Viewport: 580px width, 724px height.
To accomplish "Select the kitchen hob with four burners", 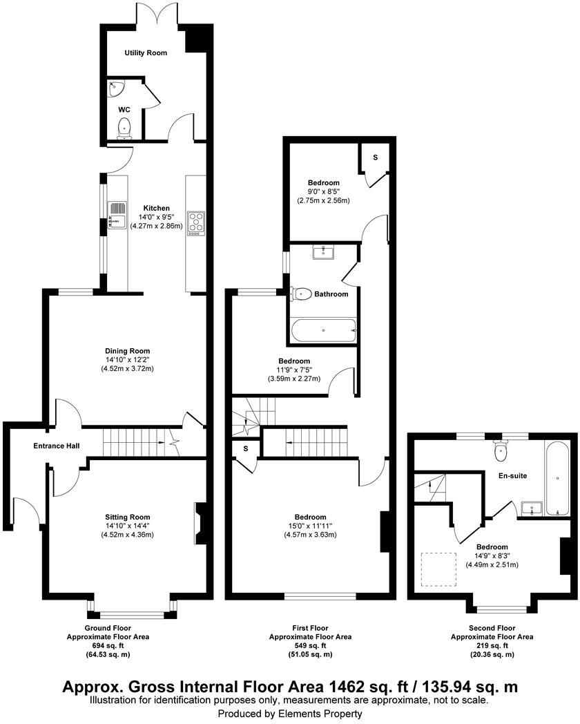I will click(x=196, y=222).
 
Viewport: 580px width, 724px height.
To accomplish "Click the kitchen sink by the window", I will click(x=117, y=214).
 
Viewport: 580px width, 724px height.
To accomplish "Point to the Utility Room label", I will click(x=146, y=53).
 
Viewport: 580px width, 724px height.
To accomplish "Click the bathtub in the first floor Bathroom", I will click(x=323, y=330).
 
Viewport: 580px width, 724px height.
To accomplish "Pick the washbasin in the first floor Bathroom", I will click(x=323, y=252).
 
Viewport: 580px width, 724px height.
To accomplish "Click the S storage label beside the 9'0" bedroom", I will click(x=376, y=158).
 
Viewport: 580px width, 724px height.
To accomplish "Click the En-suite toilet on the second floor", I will click(x=502, y=451).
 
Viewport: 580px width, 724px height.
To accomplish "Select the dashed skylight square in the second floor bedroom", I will click(x=438, y=568).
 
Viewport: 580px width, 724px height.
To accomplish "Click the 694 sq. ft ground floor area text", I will click(x=107, y=645).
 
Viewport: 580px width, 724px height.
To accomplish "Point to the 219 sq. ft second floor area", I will click(x=492, y=645).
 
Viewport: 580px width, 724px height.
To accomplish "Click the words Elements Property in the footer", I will click(x=325, y=714).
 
